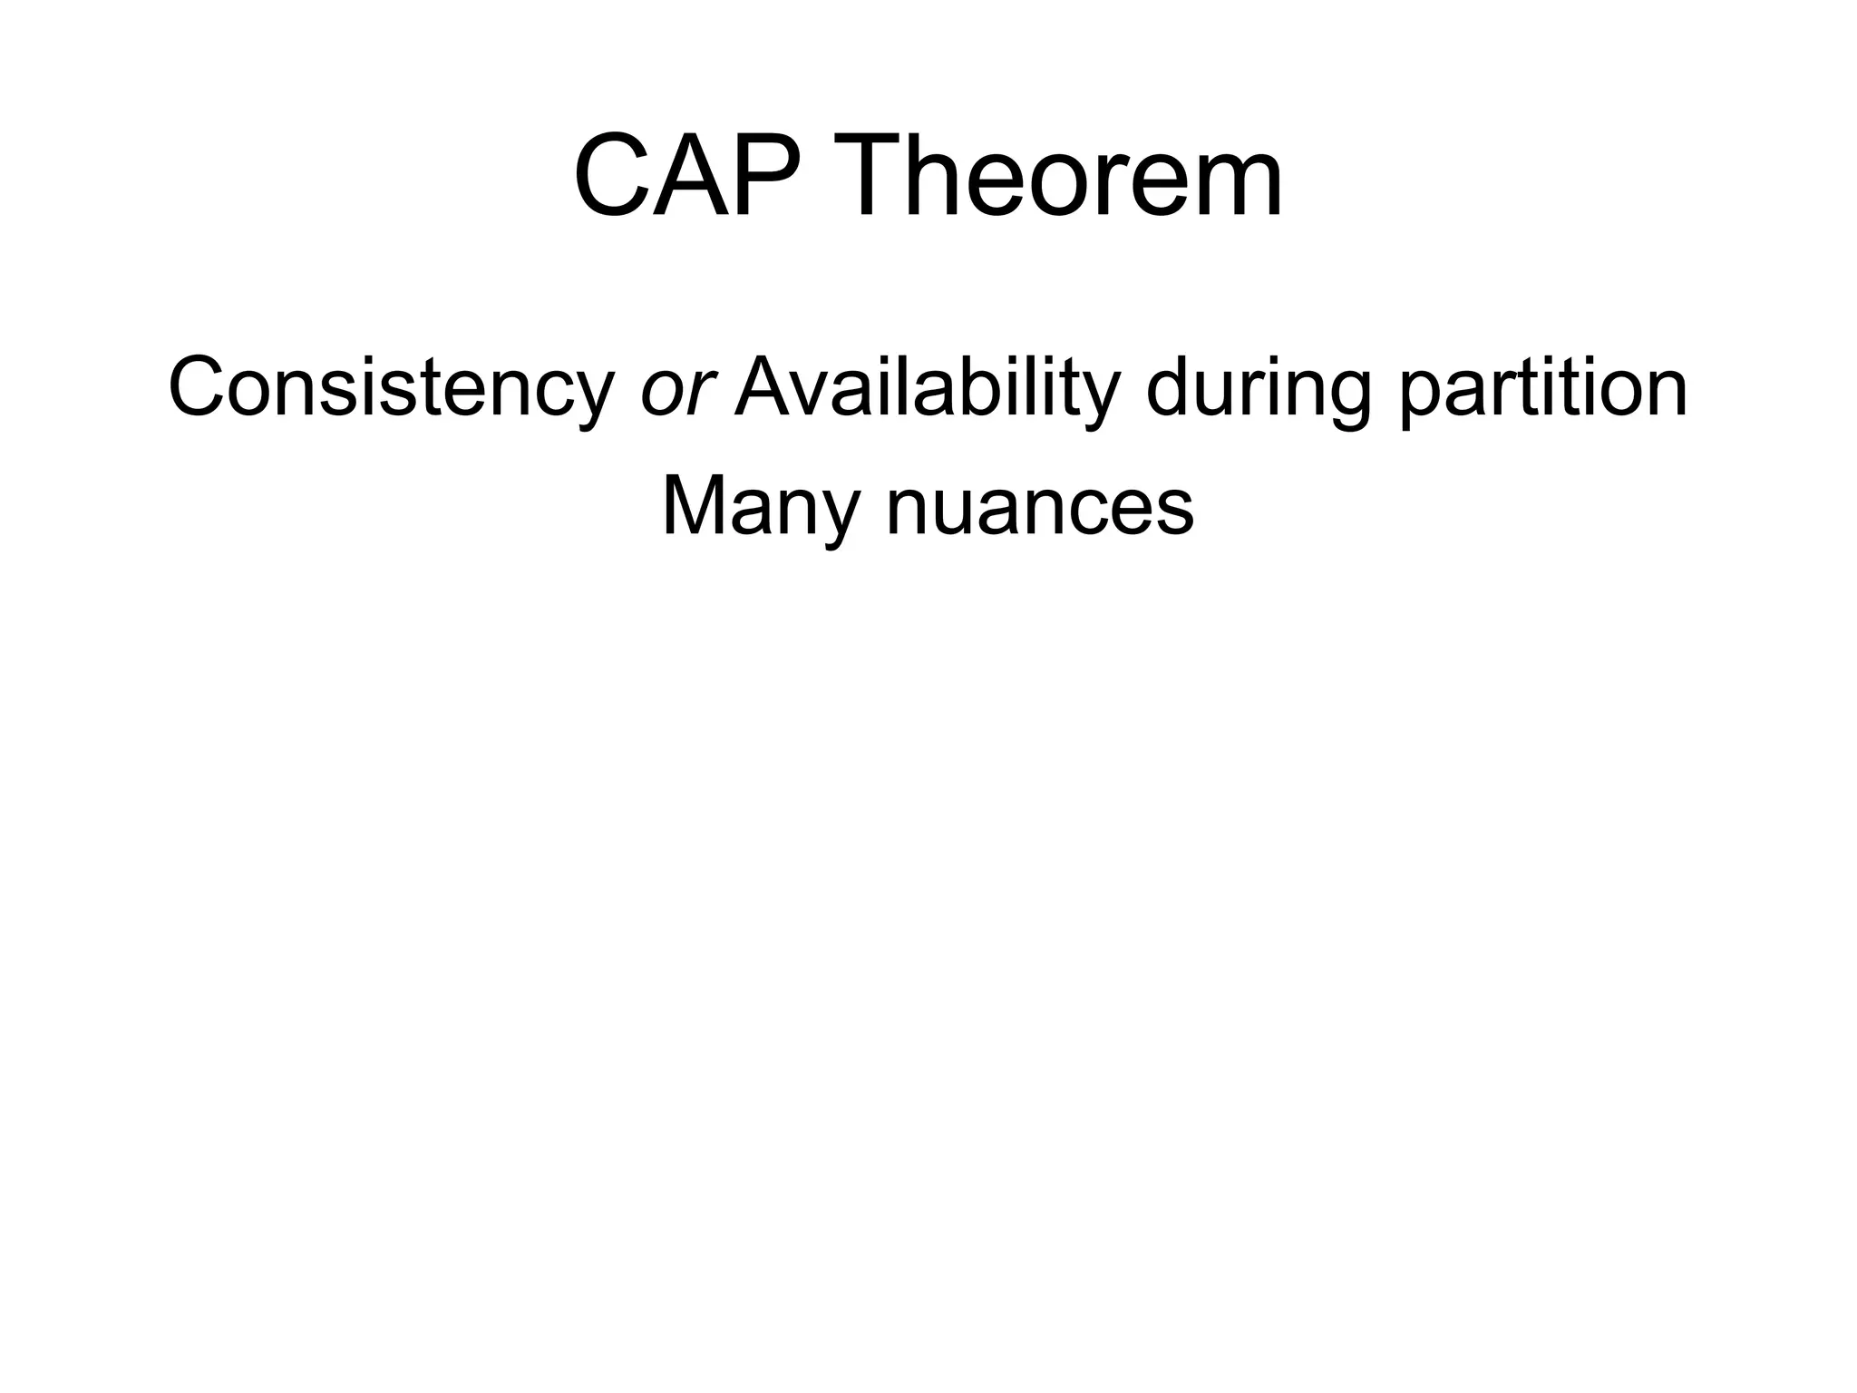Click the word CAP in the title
point(689,176)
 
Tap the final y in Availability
point(1103,399)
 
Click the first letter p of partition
point(1422,399)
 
